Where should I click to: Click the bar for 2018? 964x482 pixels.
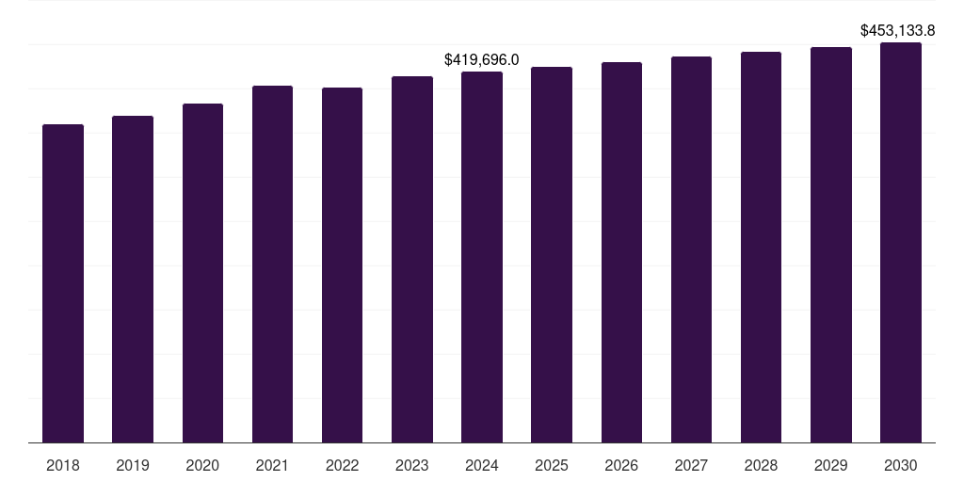[63, 282]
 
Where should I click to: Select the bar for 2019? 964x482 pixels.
[133, 279]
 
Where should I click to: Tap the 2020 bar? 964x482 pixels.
[202, 273]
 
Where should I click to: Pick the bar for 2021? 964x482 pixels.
[272, 264]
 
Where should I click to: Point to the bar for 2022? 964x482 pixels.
[342, 265]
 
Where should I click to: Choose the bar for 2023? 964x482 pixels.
[412, 259]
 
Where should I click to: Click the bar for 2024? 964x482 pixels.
[482, 257]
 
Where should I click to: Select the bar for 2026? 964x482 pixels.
[621, 252]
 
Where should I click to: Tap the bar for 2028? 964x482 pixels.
[761, 247]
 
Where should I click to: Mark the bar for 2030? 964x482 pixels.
[901, 242]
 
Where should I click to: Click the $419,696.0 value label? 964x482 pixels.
[482, 60]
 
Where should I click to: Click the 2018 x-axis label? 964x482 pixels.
[63, 465]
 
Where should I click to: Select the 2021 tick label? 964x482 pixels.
[272, 465]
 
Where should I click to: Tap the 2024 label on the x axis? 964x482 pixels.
[482, 465]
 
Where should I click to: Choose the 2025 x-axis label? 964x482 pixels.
[552, 465]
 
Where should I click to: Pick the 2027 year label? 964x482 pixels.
[691, 465]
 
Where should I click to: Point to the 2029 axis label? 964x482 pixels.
[831, 465]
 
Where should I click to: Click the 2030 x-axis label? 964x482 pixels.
[901, 465]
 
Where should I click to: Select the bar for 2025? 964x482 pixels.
[552, 254]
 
